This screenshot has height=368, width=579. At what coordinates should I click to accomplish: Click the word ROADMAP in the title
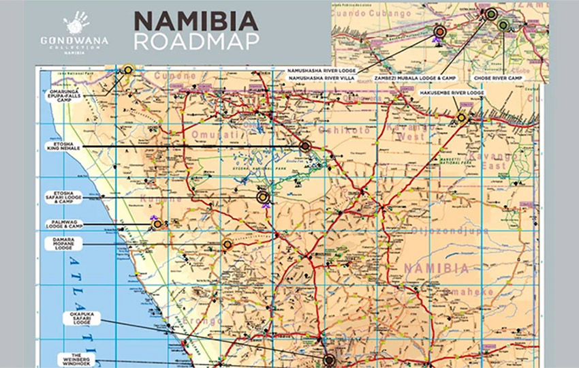coord(196,41)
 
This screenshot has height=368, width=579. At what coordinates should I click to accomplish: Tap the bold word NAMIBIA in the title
coord(195,20)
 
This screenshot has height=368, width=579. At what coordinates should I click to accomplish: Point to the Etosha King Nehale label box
coord(63,146)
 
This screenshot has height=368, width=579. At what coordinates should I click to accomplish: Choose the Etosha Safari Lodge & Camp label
coord(63,198)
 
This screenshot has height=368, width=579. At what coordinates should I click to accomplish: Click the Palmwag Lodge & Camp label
coord(63,223)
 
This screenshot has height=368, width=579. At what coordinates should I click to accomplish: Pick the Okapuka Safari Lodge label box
coord(82,318)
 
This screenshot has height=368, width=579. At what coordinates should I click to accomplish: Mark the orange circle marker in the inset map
coord(440,31)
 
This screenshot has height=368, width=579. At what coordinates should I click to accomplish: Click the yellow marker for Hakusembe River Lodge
coord(461,117)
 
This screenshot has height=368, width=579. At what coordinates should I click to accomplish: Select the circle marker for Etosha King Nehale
coord(304,145)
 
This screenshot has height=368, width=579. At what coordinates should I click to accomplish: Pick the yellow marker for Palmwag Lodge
coord(157,224)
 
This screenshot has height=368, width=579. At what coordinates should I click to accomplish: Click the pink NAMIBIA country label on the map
coord(436,269)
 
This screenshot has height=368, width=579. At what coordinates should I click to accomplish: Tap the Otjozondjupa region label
coord(446,231)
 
